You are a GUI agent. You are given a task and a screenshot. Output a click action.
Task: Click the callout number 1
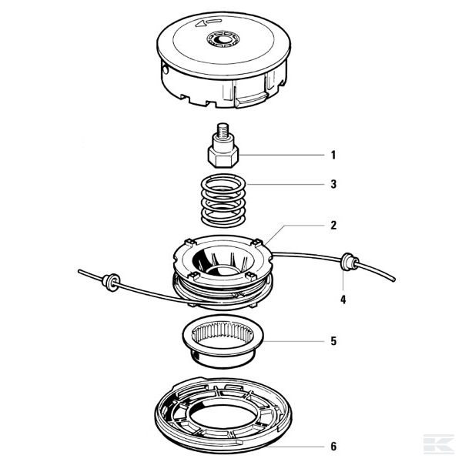[x=333, y=156]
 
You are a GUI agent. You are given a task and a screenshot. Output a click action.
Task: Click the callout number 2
[x=333, y=226]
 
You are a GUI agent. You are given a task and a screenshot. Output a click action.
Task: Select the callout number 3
[x=333, y=185]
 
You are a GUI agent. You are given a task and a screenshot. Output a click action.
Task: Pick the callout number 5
[x=333, y=339]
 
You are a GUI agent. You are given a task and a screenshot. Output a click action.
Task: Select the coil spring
[x=225, y=199]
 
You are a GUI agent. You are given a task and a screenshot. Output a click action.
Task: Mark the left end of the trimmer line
[x=79, y=269]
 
